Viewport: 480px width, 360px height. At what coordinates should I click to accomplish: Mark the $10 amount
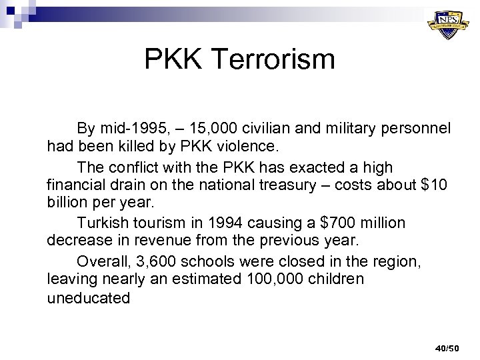(436, 183)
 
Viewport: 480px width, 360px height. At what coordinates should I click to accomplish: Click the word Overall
(101, 260)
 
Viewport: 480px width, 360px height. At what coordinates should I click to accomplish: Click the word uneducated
(89, 298)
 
